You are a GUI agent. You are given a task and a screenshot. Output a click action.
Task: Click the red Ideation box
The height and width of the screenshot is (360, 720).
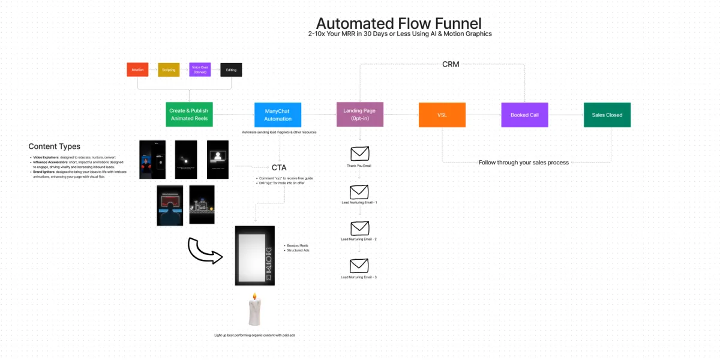click(x=137, y=70)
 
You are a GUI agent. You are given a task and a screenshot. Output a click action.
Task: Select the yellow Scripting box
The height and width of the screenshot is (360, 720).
click(x=169, y=70)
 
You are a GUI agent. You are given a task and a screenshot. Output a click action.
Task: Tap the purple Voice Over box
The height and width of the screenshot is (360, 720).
click(x=200, y=70)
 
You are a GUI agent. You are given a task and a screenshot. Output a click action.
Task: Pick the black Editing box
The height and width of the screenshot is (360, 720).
click(x=231, y=70)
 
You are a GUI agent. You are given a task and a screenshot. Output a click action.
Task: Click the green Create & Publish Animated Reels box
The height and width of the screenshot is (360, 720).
click(x=189, y=114)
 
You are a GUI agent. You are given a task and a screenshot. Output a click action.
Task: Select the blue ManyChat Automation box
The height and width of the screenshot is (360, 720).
click(x=278, y=115)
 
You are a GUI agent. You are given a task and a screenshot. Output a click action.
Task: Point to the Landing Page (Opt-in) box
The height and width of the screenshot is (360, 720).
click(x=360, y=114)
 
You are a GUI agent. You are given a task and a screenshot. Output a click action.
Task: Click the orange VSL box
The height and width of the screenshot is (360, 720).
click(x=442, y=115)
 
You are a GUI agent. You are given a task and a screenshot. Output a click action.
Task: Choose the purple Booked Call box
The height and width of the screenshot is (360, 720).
click(x=524, y=115)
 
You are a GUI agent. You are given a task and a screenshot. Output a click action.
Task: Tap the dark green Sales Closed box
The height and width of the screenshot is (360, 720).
click(x=607, y=115)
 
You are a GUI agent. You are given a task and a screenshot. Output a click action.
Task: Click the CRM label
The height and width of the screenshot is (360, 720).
click(x=451, y=64)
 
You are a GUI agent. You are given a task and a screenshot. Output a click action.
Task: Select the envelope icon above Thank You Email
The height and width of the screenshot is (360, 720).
click(x=359, y=154)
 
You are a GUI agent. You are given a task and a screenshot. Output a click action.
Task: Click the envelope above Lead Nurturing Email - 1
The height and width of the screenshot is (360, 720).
click(x=359, y=191)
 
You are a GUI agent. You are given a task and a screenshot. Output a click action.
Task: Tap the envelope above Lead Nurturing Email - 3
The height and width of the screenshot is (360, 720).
click(x=359, y=265)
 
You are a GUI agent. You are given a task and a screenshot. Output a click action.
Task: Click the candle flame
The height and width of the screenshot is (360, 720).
click(x=254, y=296)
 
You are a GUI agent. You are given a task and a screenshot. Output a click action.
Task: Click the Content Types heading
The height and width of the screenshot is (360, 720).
click(x=54, y=146)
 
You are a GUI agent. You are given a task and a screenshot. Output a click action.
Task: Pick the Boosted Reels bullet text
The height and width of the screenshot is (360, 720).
click(x=298, y=245)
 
